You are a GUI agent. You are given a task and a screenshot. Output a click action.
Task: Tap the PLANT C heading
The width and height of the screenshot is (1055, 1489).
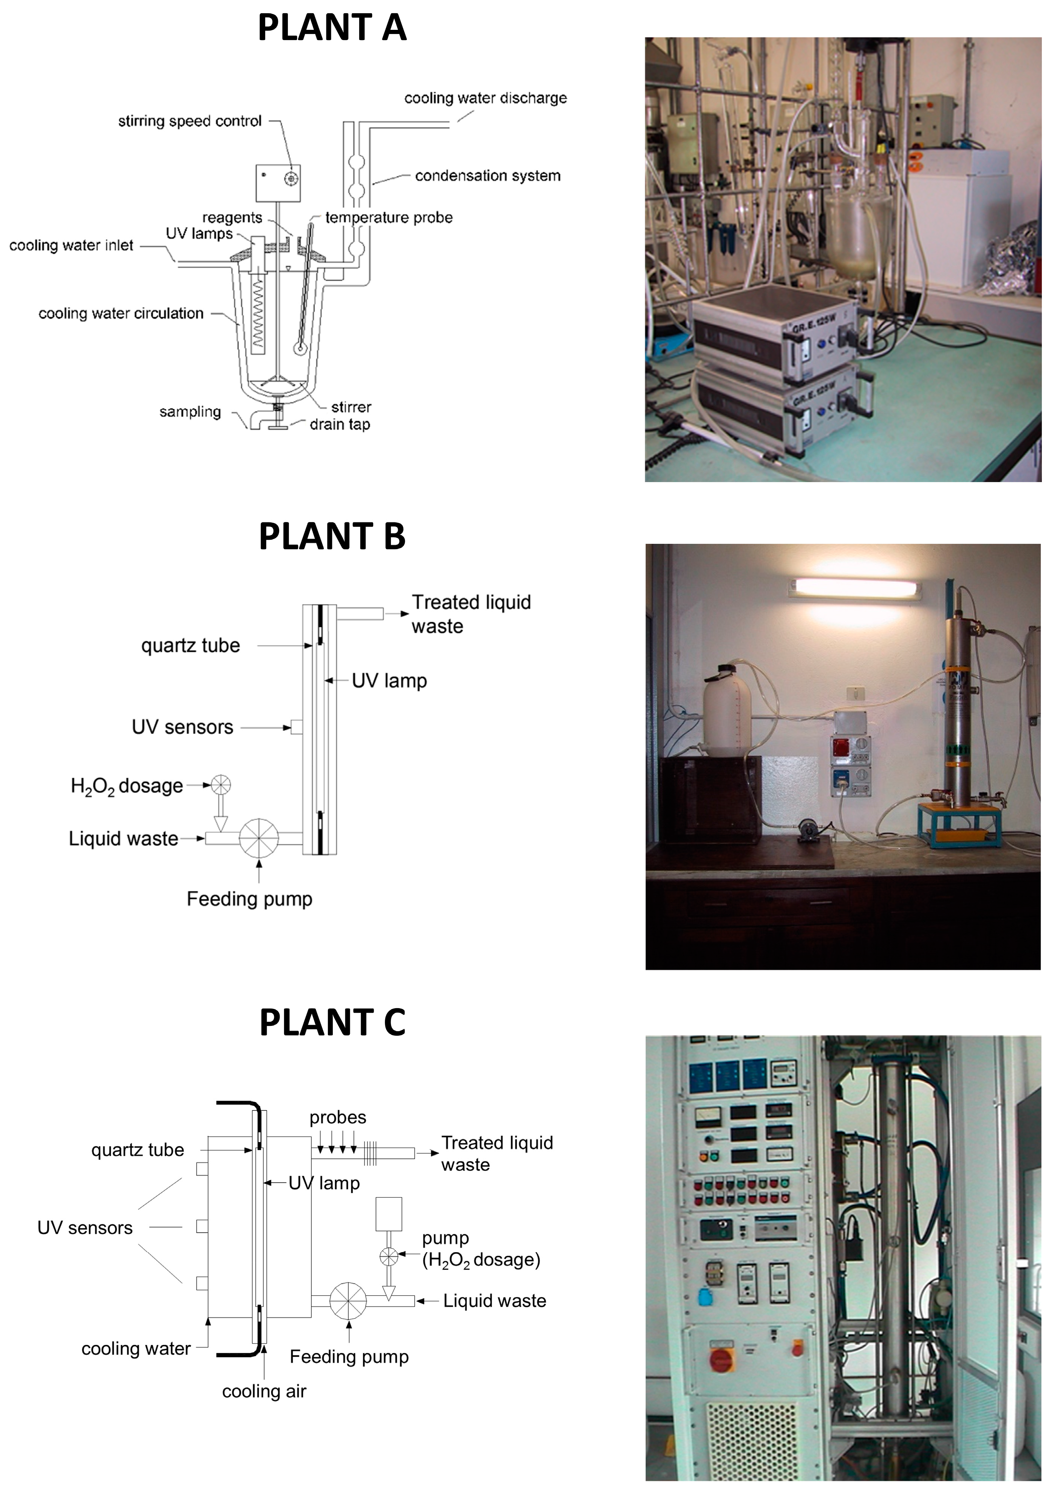[x=332, y=1022]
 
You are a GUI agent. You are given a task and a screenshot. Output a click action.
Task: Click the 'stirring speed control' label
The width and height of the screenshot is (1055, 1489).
[x=190, y=122]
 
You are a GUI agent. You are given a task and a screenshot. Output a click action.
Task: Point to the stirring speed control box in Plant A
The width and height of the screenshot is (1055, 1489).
[x=278, y=182]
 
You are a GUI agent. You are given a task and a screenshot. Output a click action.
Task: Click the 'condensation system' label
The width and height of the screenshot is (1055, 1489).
[x=487, y=176]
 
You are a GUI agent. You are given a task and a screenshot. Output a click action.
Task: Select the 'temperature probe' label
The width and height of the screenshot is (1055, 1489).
[x=388, y=218]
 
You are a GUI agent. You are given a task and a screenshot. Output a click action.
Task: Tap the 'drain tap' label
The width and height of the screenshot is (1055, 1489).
[x=340, y=425]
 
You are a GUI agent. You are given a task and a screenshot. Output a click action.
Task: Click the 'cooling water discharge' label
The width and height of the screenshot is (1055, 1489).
[x=485, y=98]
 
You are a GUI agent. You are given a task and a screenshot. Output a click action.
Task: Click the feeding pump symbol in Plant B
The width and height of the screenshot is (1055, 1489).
[x=258, y=838]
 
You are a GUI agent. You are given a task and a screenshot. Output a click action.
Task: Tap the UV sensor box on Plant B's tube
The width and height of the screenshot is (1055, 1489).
[x=296, y=727]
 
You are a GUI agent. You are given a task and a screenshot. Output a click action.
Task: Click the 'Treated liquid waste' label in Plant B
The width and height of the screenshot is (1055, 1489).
[x=471, y=614]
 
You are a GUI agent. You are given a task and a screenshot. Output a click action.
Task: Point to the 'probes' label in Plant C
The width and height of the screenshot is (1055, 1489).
[x=337, y=1117]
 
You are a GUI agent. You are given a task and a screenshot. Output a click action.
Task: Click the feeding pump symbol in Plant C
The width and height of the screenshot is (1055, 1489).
[x=348, y=1301]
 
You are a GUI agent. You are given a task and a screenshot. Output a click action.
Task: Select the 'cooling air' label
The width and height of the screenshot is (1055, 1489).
[x=264, y=1391]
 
